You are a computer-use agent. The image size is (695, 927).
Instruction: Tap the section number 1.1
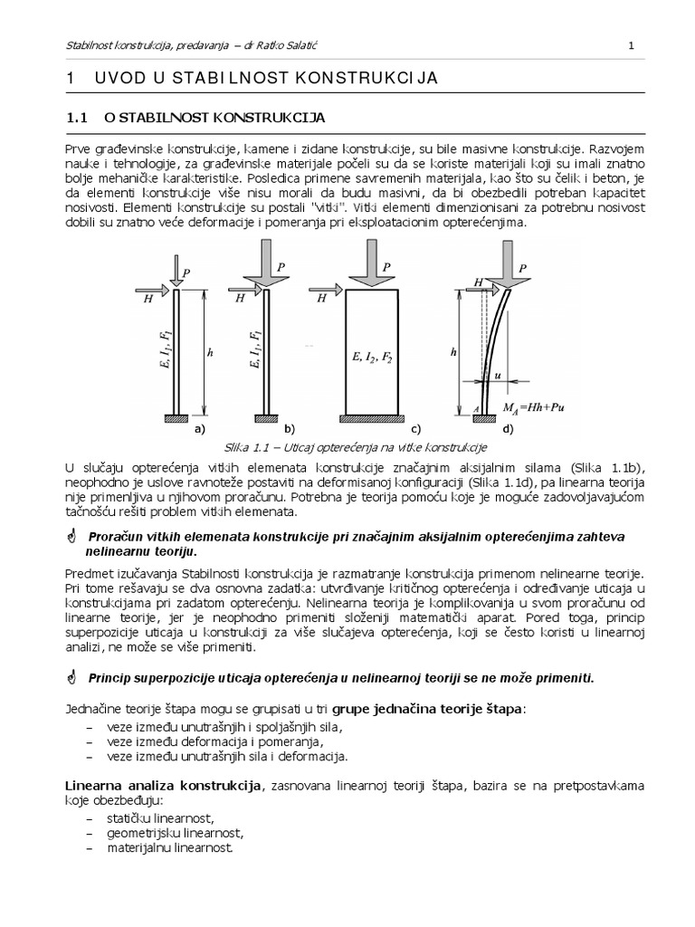coord(76,118)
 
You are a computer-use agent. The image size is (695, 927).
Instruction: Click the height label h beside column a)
coord(209,354)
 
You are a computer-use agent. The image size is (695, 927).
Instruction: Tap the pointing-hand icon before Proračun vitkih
coord(73,538)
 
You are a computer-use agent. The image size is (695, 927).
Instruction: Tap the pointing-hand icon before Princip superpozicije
coord(73,677)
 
